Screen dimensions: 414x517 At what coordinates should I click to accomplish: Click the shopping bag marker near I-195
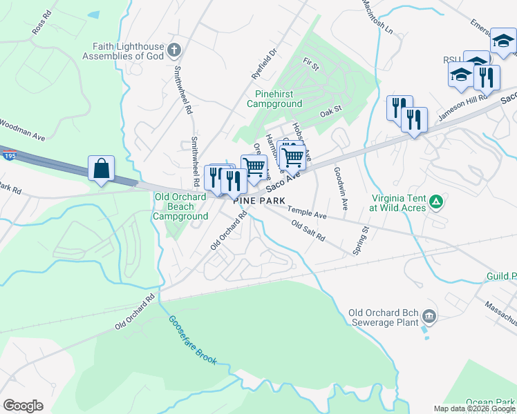101,168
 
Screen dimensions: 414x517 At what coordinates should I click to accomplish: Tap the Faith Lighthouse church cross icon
174,50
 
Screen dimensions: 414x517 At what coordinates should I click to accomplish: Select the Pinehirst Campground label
274,98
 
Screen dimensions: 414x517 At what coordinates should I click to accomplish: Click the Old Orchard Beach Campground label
180,206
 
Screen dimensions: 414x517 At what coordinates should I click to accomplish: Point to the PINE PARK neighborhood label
259,199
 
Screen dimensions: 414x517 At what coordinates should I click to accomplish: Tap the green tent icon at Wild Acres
436,201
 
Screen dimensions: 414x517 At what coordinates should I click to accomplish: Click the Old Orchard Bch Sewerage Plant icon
429,317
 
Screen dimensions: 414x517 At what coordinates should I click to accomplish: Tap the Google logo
23,406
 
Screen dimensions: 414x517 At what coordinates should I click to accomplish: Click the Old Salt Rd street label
308,230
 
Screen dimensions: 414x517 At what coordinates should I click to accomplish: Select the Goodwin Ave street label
341,188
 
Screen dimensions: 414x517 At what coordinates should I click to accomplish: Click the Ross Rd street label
41,23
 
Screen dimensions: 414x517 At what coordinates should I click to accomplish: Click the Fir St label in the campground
310,66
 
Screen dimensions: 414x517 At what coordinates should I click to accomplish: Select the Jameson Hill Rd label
462,108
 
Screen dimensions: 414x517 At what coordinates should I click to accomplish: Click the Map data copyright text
473,408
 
